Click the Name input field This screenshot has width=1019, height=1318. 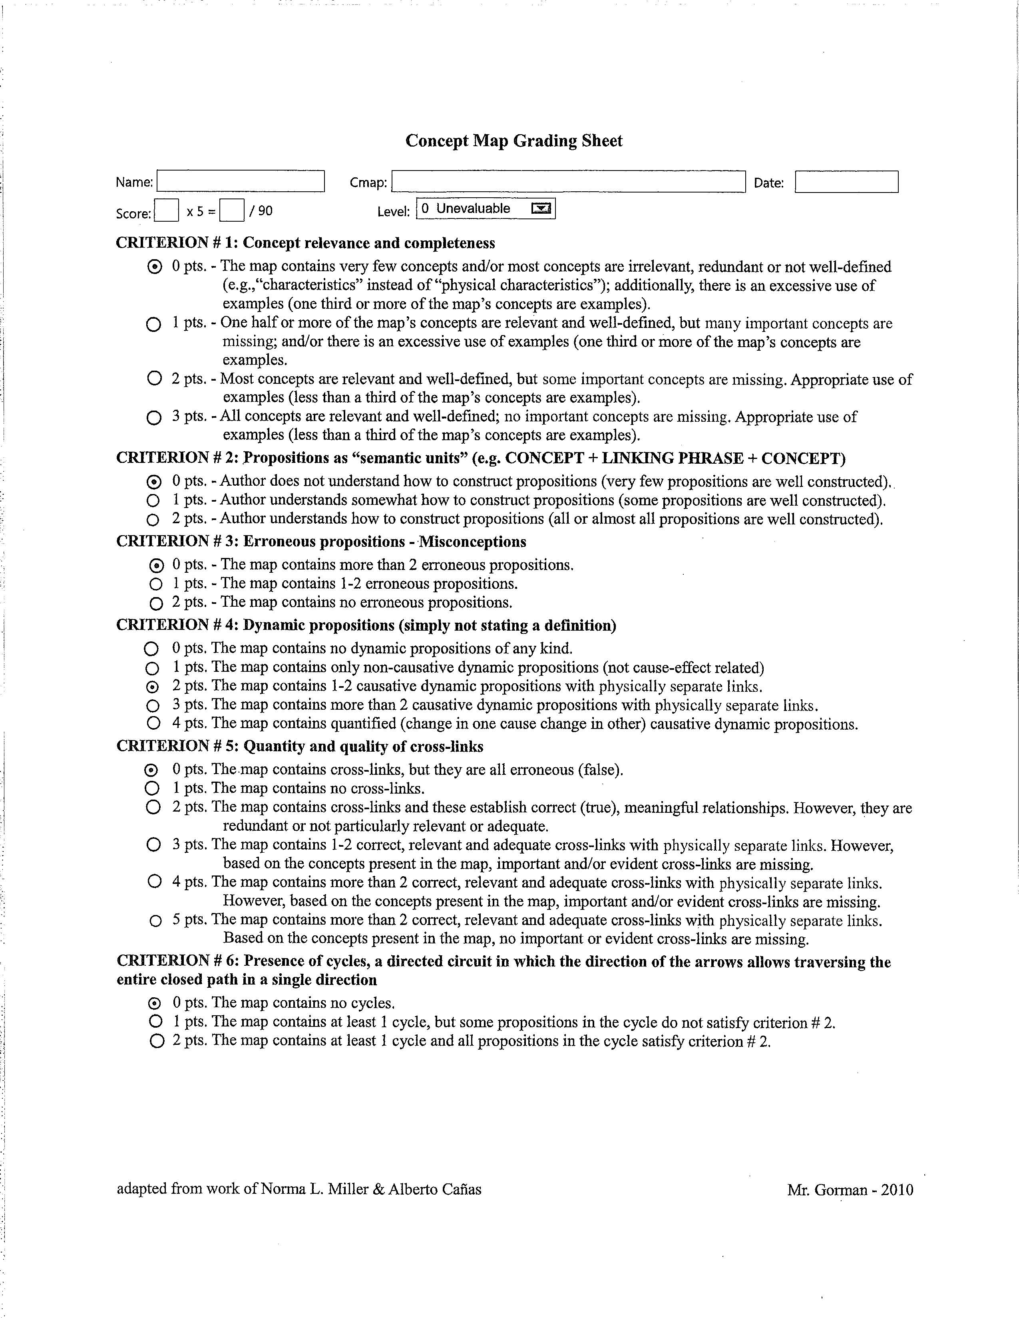click(x=240, y=181)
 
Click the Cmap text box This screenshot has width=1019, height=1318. click(x=568, y=181)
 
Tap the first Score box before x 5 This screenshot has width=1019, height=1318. click(x=167, y=210)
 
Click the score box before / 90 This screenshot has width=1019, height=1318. click(x=232, y=210)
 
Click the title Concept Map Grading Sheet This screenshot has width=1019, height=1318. click(x=514, y=141)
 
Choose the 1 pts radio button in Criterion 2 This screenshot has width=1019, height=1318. click(x=154, y=500)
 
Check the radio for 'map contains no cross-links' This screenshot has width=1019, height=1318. click(x=153, y=788)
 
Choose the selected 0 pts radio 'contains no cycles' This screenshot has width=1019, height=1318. click(x=155, y=1003)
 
